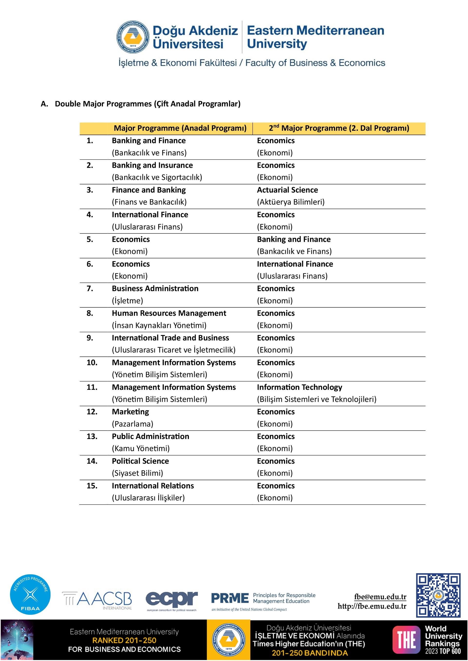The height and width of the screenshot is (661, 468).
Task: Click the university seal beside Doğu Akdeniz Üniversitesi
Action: coord(133,37)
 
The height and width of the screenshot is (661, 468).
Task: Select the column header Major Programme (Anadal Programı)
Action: coord(180,128)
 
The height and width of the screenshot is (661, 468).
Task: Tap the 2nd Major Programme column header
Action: coord(339,128)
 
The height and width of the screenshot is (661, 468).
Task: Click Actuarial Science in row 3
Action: coord(287,190)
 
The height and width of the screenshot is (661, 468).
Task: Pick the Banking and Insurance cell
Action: coord(152,165)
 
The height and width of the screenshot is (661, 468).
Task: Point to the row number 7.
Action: coord(90,289)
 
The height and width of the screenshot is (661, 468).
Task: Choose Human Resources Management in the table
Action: coord(169,313)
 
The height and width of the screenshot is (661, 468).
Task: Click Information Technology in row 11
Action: coord(299,387)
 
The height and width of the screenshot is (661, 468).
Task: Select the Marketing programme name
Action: coord(130,412)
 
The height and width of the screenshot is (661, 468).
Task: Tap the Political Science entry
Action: coord(140,461)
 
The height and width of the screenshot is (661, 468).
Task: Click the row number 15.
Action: coord(92,486)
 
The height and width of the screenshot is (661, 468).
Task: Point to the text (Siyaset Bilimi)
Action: coord(137,473)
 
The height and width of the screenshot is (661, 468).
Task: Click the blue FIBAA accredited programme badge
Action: coord(30,595)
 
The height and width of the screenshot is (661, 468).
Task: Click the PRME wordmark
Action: coord(230,598)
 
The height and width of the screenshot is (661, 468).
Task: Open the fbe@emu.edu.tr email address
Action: coord(380,596)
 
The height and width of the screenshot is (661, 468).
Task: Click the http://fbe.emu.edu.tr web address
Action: coord(372,606)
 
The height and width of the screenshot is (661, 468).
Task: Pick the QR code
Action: coord(438,595)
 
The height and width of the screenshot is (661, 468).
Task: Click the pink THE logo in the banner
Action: coord(406,639)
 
